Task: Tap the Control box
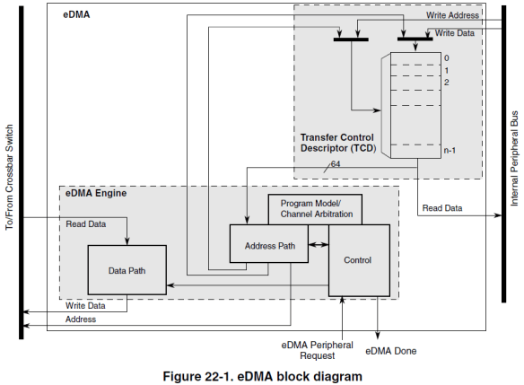[x=358, y=260]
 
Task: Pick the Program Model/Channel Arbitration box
[x=316, y=209]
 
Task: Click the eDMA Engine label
[x=96, y=193]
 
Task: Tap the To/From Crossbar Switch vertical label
[x=10, y=171]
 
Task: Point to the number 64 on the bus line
[x=335, y=164]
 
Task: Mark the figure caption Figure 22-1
[x=261, y=375]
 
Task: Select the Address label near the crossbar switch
[x=81, y=319]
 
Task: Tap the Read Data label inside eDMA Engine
[x=87, y=223]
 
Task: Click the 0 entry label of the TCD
[x=445, y=57]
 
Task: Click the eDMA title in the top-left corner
[x=77, y=15]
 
